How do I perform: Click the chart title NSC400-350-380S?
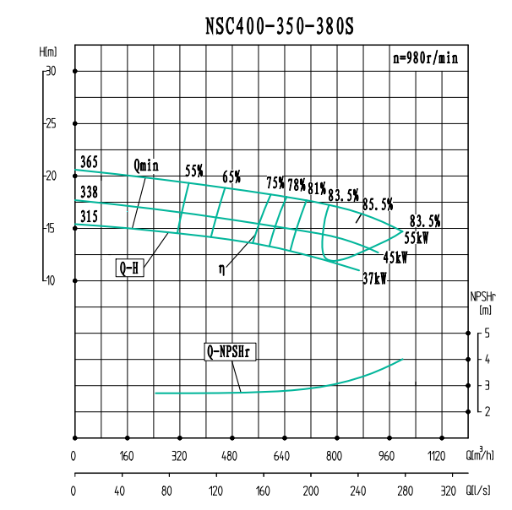280,26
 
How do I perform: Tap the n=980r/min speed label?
427,58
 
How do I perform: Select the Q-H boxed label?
129,269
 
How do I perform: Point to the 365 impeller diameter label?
90,161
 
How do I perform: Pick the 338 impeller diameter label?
90,193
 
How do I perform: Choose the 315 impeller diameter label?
90,217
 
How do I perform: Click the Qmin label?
146,165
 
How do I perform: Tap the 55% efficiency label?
194,171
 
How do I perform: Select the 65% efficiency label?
231,176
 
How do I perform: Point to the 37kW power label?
374,279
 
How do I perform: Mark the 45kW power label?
395,258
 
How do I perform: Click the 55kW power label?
417,239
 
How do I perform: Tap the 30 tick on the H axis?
51,72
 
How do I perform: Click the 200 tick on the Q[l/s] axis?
311,490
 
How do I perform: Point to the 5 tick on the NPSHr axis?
487,334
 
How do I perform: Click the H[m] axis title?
48,52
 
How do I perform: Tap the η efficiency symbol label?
221,269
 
